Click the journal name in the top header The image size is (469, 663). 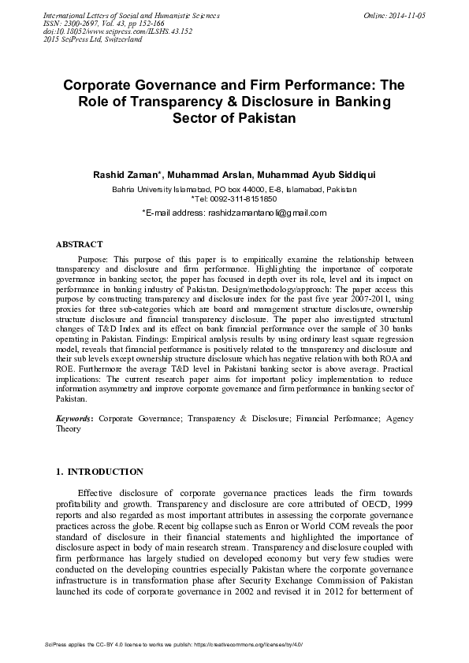(x=131, y=16)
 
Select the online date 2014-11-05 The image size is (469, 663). (x=406, y=16)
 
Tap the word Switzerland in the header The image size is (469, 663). (x=117, y=39)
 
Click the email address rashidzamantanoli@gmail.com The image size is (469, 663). (x=266, y=213)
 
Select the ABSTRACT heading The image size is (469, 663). (x=79, y=245)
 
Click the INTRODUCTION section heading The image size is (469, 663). (x=105, y=472)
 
